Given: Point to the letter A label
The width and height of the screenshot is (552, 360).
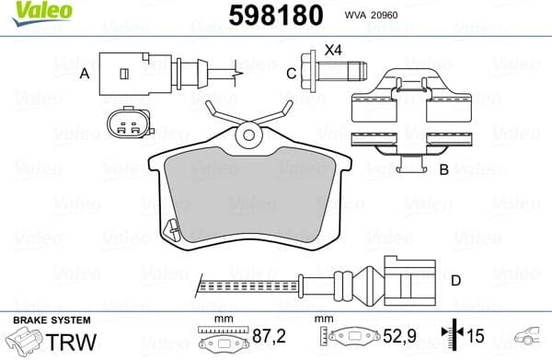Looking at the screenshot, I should point(84,73).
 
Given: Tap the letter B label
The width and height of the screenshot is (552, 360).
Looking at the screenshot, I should point(443,169).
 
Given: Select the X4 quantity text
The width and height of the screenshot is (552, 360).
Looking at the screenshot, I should point(332,50).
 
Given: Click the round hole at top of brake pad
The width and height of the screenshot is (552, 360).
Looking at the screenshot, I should point(247,137).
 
